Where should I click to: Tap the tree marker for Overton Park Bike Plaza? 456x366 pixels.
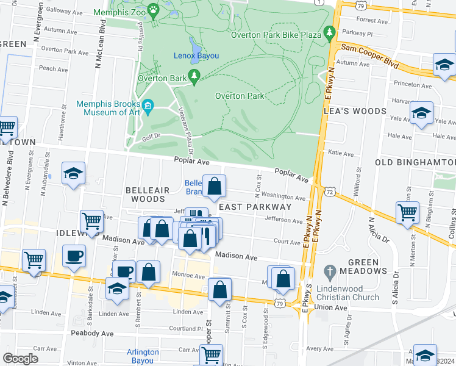coord(330,31)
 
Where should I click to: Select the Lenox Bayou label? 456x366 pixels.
coord(196,56)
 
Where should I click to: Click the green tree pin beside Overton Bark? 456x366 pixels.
coord(194,76)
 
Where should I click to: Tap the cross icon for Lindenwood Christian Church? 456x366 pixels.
coord(329,271)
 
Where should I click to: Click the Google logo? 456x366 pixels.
coord(20,359)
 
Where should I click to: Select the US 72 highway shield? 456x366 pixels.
coord(330,192)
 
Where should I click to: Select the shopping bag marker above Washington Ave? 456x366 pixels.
coord(215,187)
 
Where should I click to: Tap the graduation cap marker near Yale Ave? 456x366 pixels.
coord(421,113)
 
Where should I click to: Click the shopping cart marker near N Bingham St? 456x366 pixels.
coord(407,213)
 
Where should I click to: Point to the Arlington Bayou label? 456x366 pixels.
coord(143,356)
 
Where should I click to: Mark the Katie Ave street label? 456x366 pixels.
coord(341,153)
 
